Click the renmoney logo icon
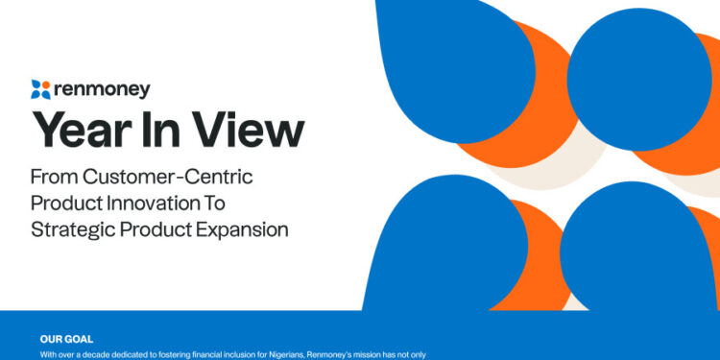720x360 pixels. click(x=39, y=89)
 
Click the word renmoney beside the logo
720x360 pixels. click(x=102, y=89)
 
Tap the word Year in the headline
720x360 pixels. click(x=81, y=130)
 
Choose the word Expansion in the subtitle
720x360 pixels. click(x=240, y=230)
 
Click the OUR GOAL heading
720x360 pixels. click(x=65, y=338)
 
